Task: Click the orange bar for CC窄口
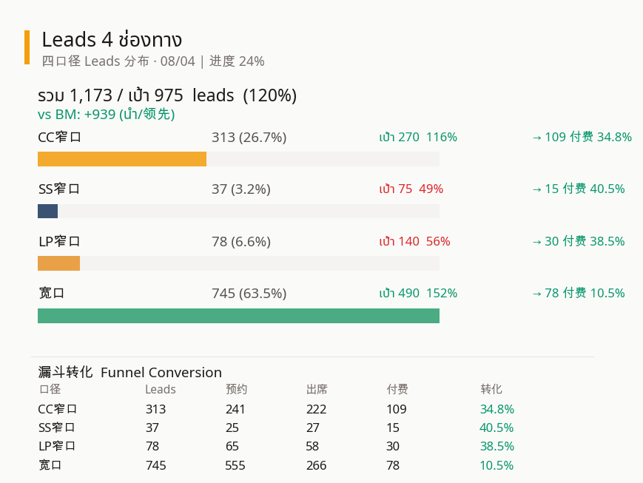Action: [122, 159]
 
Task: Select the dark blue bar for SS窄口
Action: [47, 211]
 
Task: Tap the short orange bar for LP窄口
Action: [58, 263]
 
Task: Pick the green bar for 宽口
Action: [238, 316]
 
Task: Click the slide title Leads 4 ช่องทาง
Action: [112, 39]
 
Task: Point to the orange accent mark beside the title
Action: [27, 47]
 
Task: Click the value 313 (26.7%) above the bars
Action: [249, 138]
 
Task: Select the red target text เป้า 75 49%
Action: [411, 189]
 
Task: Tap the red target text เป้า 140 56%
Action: [414, 241]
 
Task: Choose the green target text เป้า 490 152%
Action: [418, 294]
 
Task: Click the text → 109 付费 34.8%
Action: [582, 138]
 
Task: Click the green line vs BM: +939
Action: [106, 115]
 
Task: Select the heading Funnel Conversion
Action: [161, 373]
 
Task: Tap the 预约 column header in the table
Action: [236, 390]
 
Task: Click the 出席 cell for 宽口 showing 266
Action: [316, 465]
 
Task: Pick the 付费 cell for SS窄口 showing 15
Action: [392, 428]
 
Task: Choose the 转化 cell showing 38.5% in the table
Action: [496, 447]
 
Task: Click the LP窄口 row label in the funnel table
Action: [57, 447]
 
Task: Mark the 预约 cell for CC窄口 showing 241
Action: [235, 409]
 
